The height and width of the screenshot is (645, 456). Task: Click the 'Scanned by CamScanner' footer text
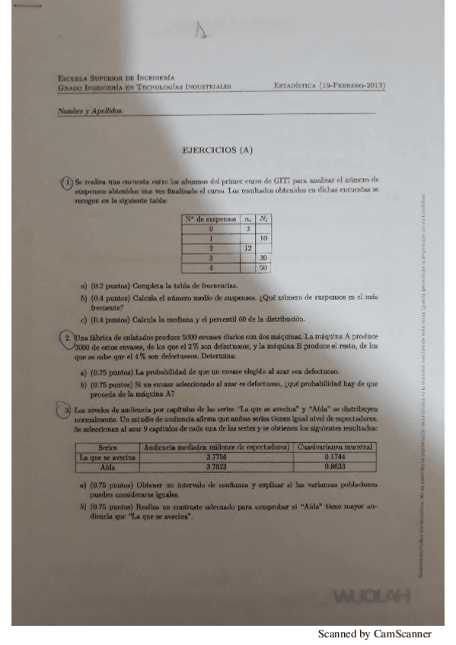point(375,634)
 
